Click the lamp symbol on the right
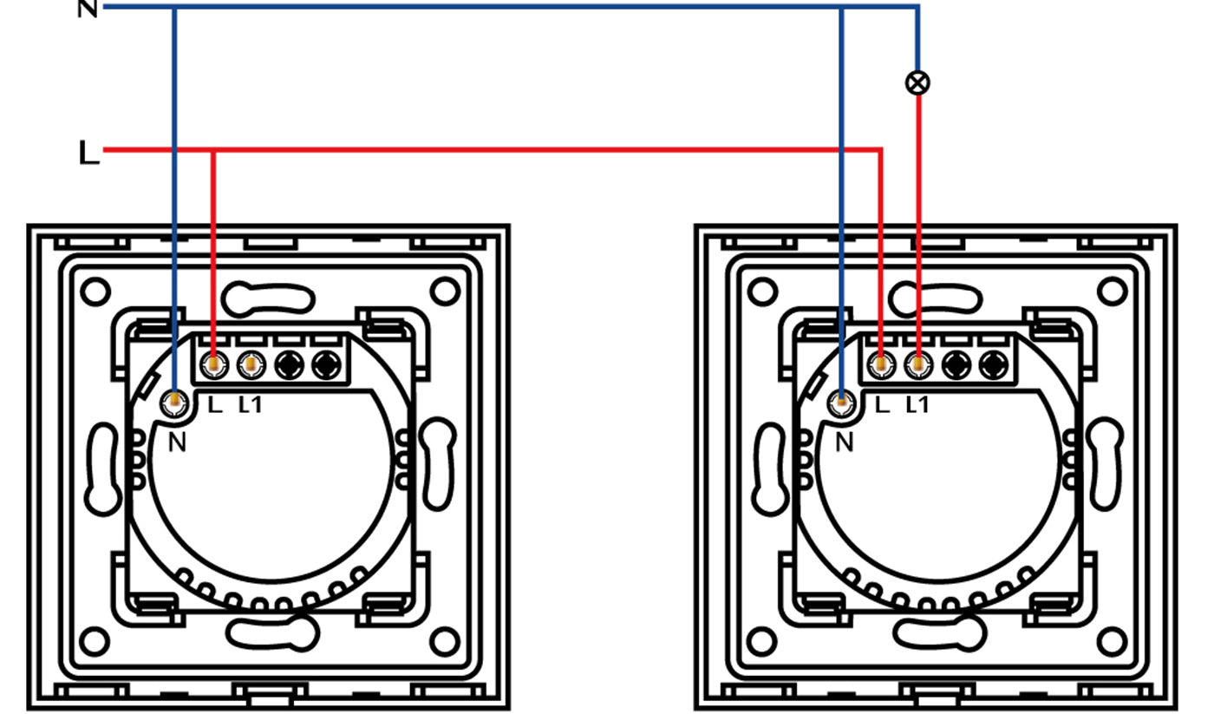(917, 83)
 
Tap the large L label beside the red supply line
(88, 153)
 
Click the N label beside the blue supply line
(88, 9)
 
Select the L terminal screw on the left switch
(214, 365)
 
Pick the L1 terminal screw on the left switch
(251, 365)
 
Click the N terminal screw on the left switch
(174, 403)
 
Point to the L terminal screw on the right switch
(881, 365)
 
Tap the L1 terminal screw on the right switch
(918, 365)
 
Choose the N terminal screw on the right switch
(842, 403)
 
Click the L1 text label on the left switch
(251, 404)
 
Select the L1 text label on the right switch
(917, 404)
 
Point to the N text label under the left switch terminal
(177, 443)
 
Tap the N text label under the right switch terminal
(845, 443)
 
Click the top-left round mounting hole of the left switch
(95, 291)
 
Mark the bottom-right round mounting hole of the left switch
(445, 641)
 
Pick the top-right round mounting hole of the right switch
(1112, 291)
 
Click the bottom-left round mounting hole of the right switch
(762, 641)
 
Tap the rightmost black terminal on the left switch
(327, 365)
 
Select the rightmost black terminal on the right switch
(994, 365)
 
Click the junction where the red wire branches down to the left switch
(213, 149)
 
